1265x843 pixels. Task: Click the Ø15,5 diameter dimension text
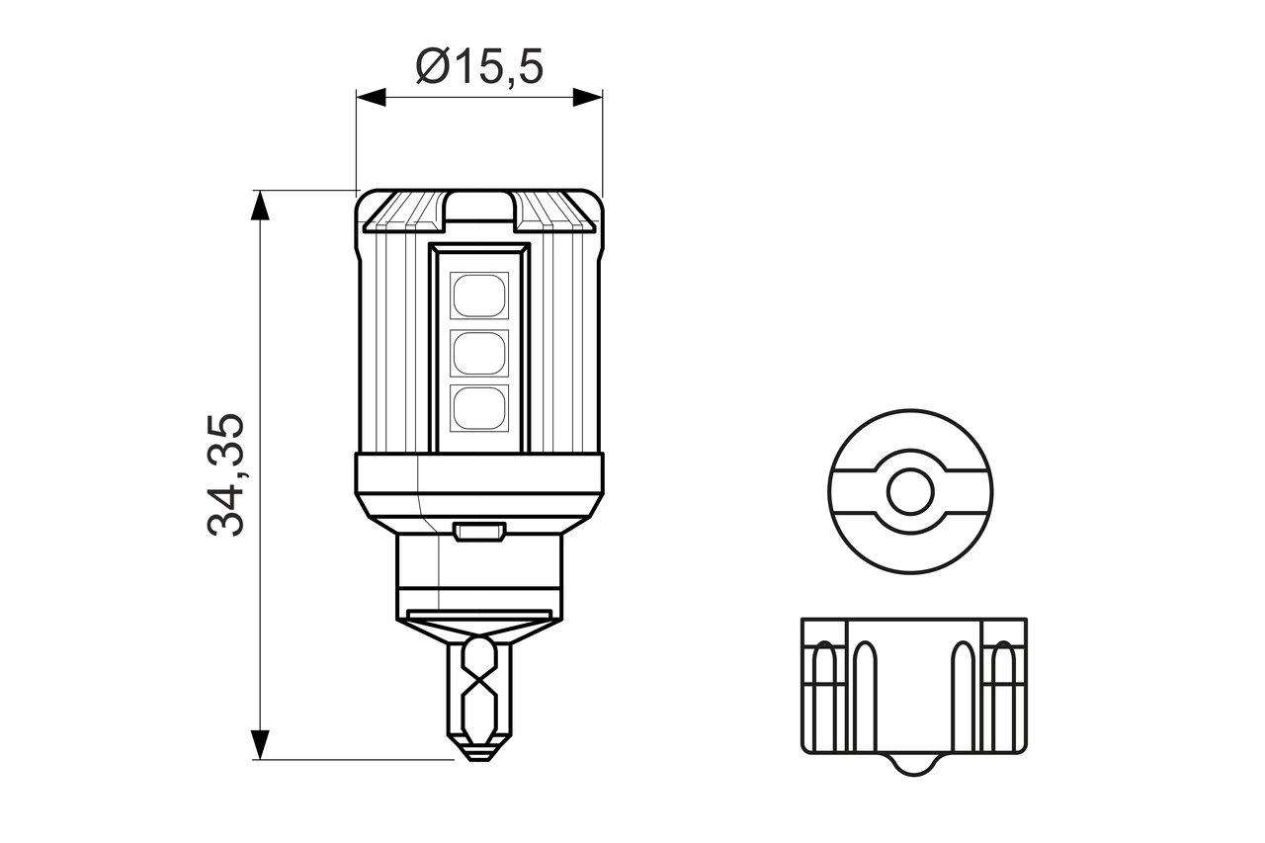point(480,67)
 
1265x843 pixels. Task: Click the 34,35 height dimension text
point(227,475)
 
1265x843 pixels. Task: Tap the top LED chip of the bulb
point(479,295)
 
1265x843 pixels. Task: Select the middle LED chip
point(479,352)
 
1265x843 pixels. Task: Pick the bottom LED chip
point(479,407)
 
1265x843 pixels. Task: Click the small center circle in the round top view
point(910,492)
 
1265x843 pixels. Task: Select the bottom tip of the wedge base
point(479,756)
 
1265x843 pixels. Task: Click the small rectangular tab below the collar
point(479,533)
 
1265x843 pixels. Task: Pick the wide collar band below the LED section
point(479,474)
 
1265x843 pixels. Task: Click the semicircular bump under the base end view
point(913,763)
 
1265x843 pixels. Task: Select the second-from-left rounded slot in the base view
point(865,682)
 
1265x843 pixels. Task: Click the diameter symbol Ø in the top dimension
point(433,67)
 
